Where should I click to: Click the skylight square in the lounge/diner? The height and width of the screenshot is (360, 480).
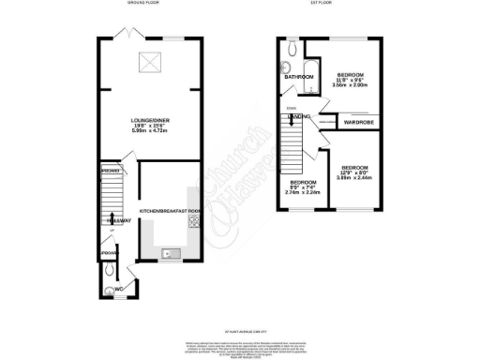[x=148, y=63]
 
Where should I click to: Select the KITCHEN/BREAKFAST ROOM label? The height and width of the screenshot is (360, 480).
[x=170, y=212]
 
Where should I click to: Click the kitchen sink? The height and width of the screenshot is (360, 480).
[x=171, y=252]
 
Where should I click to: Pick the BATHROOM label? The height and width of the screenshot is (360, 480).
[x=299, y=77]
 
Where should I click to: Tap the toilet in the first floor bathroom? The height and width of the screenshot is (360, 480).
[x=292, y=43]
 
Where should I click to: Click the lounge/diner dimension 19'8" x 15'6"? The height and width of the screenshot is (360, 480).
[x=148, y=128]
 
